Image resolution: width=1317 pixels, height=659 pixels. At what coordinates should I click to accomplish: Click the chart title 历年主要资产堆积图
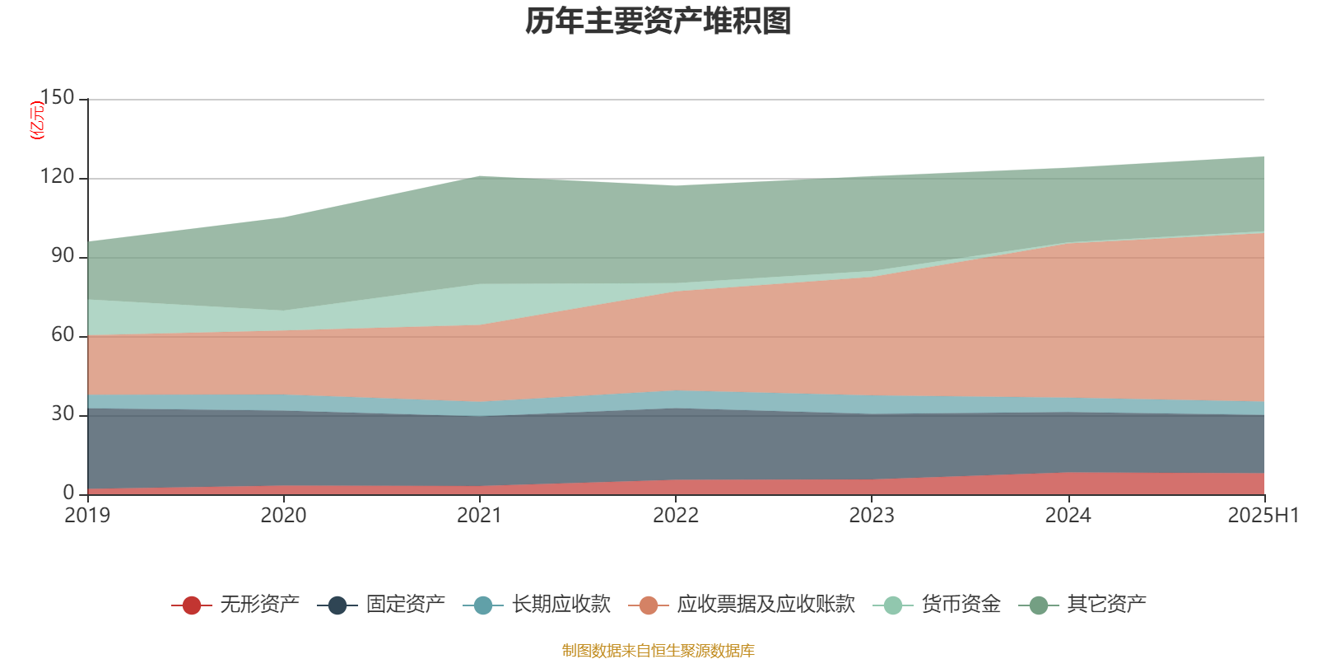tap(658, 21)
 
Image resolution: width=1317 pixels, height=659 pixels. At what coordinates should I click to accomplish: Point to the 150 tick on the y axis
tap(57, 98)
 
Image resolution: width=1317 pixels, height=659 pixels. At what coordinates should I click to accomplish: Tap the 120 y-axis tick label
tap(57, 177)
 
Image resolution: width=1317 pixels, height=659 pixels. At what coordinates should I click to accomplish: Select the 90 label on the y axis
tap(63, 256)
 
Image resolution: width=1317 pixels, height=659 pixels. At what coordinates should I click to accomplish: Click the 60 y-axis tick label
tap(63, 335)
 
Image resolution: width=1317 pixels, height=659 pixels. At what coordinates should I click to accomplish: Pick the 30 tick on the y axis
tap(63, 414)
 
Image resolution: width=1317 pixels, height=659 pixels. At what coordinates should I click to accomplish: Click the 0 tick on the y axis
tap(68, 493)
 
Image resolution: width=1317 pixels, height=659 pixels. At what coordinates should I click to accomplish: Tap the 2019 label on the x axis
tap(87, 516)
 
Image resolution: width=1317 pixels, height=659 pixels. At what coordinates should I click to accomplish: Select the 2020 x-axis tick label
tap(283, 516)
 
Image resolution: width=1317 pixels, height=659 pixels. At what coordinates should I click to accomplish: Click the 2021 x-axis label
tap(479, 516)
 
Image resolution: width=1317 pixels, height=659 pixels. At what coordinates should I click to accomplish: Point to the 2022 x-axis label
tap(675, 516)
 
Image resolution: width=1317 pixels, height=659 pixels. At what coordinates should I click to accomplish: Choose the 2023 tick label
tap(872, 516)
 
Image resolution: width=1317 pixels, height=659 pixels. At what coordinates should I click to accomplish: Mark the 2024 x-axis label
tap(1068, 516)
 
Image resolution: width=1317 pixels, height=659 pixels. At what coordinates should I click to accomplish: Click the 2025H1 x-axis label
tap(1263, 516)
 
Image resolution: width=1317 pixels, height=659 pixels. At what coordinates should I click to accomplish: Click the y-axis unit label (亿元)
tap(37, 120)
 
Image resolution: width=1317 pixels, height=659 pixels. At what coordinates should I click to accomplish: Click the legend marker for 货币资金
tap(892, 605)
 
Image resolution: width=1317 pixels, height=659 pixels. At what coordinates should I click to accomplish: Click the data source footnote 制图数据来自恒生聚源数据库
tap(658, 651)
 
